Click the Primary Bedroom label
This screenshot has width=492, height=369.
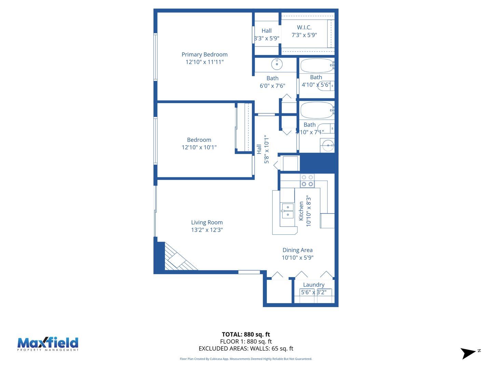pos(204,55)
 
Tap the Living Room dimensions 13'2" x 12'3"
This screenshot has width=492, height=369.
pos(207,230)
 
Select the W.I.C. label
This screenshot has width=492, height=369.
pos(304,27)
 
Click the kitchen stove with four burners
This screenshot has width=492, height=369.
pos(307,181)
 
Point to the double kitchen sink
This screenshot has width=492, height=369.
pos(287,211)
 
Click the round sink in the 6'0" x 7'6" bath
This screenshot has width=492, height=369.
pos(276,64)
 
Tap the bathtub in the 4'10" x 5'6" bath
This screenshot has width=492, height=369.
pos(316,65)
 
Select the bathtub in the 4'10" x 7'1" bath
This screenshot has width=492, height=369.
pos(316,110)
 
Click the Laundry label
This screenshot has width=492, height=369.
pos(314,285)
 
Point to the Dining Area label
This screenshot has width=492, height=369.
pos(297,250)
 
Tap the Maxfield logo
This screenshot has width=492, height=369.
pos(48,344)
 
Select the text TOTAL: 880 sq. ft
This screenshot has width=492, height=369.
pos(246,334)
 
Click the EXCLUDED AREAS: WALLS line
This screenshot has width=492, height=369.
pos(246,348)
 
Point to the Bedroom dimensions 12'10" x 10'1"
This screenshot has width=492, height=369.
pos(199,147)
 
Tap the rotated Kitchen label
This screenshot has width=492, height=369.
pos(301,211)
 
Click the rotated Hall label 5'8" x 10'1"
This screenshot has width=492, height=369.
pos(263,149)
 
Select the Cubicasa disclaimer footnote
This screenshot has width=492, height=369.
pos(246,359)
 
